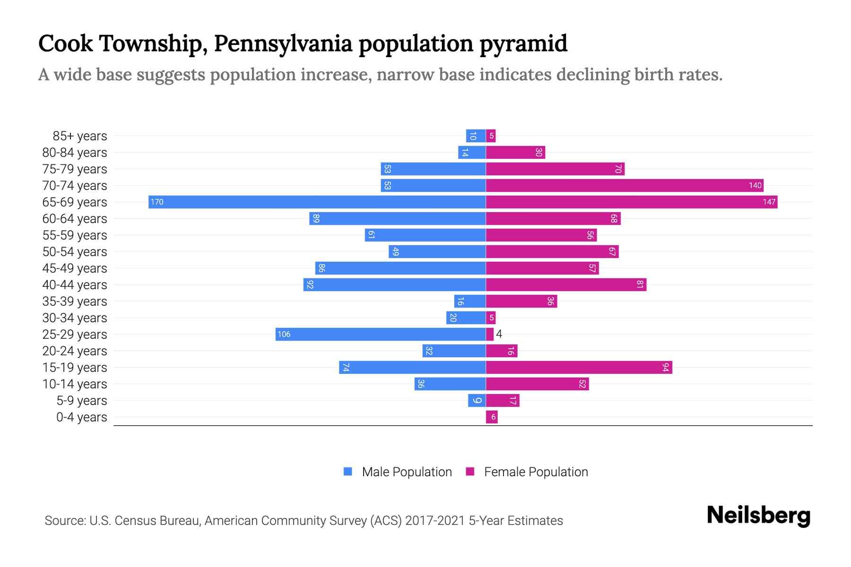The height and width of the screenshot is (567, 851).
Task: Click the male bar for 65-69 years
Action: pyautogui.click(x=317, y=202)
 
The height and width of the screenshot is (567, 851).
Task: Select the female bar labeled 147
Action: pyautogui.click(x=631, y=202)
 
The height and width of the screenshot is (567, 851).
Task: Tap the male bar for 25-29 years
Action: pyautogui.click(x=381, y=334)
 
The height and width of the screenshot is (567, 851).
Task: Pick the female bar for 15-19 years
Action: pyautogui.click(x=579, y=367)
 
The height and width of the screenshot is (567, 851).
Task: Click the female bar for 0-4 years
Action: pyautogui.click(x=492, y=417)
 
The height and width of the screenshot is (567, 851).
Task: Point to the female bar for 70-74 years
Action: pyautogui.click(x=624, y=185)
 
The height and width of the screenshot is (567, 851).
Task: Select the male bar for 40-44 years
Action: pyautogui.click(x=395, y=284)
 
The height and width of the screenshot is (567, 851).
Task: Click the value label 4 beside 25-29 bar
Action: pyautogui.click(x=499, y=334)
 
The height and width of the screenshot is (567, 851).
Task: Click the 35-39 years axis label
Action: pyautogui.click(x=75, y=301)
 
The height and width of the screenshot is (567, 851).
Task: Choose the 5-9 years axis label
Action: pyautogui.click(x=81, y=401)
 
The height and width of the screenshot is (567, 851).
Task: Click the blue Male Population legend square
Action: pyautogui.click(x=348, y=472)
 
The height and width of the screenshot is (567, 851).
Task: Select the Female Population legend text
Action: pyautogui.click(x=536, y=472)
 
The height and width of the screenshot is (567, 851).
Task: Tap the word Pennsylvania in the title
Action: pyautogui.click(x=283, y=43)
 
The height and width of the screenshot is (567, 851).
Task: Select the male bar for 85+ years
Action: pyautogui.click(x=476, y=136)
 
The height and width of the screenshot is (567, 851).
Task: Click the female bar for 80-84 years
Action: pyautogui.click(x=515, y=152)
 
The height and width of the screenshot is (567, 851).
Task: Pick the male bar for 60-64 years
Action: pyautogui.click(x=397, y=218)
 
